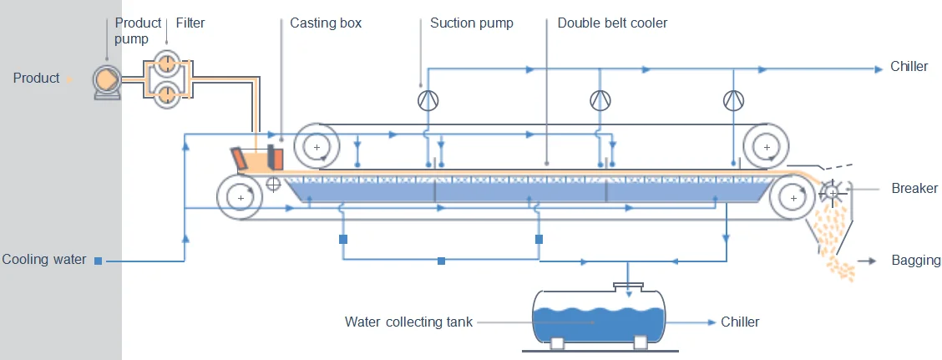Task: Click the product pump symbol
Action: tap(107, 81)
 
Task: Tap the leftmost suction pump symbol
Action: tap(428, 100)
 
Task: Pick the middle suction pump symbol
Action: tap(600, 100)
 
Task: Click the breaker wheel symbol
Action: tap(832, 192)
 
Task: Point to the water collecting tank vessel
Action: tap(599, 318)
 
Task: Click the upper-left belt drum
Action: tap(317, 147)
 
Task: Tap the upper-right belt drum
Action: tap(766, 147)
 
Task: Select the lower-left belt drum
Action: tap(241, 198)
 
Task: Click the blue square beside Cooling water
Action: tap(99, 261)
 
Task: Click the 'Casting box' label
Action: tap(326, 23)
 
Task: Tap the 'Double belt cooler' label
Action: tap(612, 23)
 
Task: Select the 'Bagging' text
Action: tap(916, 261)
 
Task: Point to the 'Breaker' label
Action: tap(914, 189)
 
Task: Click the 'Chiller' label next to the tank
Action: tap(740, 322)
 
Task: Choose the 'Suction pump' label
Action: tap(471, 23)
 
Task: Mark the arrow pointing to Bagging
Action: tap(868, 261)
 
